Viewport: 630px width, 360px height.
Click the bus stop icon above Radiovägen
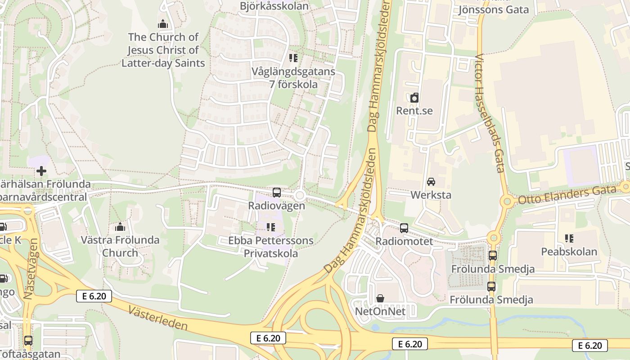(277, 193)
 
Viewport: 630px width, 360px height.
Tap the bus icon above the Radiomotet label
(404, 228)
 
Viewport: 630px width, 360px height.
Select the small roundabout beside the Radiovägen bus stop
(300, 196)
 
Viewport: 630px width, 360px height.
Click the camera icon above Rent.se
(414, 97)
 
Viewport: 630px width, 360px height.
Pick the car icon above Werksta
(431, 182)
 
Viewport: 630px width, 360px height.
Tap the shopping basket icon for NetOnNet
(380, 298)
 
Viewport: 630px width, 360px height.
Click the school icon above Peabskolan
(569, 238)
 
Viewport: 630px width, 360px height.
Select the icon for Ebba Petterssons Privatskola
(270, 227)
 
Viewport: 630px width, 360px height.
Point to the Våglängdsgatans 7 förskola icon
(293, 58)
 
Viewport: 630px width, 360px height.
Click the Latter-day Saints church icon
(163, 24)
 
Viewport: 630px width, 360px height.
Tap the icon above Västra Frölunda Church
(120, 227)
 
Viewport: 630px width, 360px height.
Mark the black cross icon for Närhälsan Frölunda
(41, 171)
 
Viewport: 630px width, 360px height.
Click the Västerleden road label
(157, 318)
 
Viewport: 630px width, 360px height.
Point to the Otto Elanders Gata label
(567, 195)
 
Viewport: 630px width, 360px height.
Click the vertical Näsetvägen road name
(31, 269)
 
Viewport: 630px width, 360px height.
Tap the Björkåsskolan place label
(274, 6)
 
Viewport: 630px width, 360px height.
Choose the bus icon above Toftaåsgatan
(28, 341)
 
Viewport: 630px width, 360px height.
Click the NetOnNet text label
(380, 311)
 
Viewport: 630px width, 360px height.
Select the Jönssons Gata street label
(493, 9)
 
